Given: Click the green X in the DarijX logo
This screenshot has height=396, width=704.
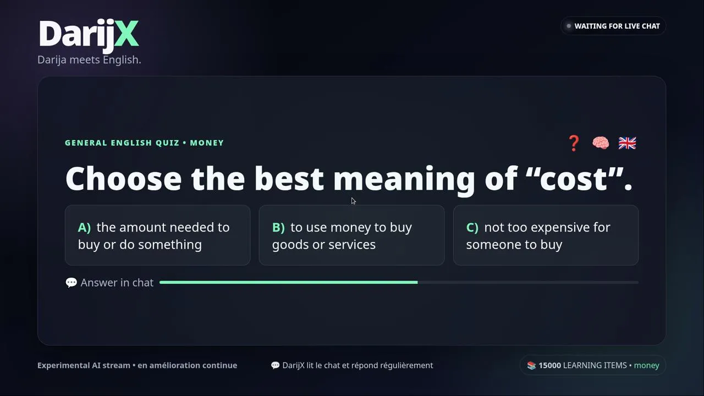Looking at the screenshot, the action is [127, 34].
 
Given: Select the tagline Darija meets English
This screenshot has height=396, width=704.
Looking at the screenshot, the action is [89, 60].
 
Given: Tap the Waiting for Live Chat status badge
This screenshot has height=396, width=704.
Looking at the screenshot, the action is [613, 26].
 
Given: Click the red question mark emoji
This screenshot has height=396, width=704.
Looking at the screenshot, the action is [574, 144].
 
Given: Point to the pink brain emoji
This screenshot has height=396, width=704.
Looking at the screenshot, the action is [601, 143].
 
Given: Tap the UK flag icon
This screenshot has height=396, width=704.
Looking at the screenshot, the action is [628, 143].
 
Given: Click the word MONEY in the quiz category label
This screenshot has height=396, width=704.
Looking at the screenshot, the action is [207, 143].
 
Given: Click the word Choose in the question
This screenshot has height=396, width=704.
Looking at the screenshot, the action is [124, 178].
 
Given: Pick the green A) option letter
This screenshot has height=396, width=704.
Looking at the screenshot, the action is [84, 227].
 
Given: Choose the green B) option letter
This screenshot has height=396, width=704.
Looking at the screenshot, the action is [278, 227].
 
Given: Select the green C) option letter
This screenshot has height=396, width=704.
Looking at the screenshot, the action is [472, 227].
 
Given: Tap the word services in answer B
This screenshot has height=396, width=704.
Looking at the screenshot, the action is [351, 245].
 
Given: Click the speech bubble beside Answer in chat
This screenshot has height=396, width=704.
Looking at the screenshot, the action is [71, 283].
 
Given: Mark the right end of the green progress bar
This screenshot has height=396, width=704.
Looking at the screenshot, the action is [417, 282].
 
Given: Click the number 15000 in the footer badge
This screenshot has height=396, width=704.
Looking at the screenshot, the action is [549, 366].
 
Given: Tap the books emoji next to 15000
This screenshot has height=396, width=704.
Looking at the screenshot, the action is [531, 366].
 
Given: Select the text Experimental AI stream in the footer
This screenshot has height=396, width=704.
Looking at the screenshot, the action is [84, 366].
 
